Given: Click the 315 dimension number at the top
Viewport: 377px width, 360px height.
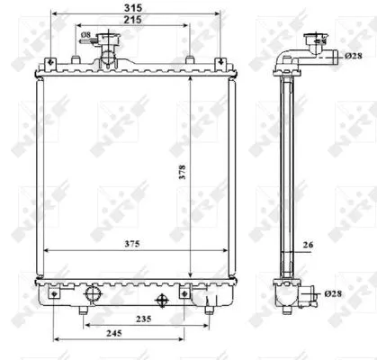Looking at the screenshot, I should pyautogui.click(x=132, y=8).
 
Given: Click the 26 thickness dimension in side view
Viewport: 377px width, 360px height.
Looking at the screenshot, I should pyautogui.click(x=307, y=245).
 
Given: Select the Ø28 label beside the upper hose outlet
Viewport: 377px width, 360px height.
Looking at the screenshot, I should pyautogui.click(x=352, y=57).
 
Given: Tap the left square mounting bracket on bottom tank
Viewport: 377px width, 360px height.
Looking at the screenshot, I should pyautogui.click(x=55, y=293).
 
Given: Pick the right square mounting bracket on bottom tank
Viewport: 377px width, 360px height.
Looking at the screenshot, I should pyautogui.click(x=186, y=293).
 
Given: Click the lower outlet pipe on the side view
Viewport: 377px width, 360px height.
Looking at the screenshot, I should pyautogui.click(x=310, y=294).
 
